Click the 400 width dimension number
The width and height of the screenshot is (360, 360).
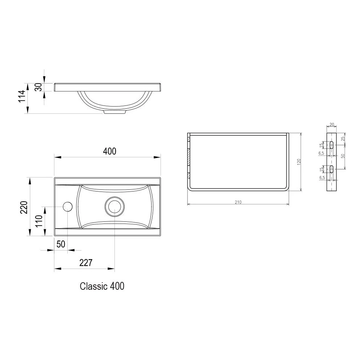pyautogui.click(x=109, y=151)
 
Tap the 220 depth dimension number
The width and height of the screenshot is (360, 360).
pyautogui.click(x=24, y=207)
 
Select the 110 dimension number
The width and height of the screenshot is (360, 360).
pyautogui.click(x=39, y=221)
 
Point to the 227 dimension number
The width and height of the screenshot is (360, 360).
pyautogui.click(x=86, y=263)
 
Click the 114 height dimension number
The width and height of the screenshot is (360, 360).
pyautogui.click(x=22, y=96)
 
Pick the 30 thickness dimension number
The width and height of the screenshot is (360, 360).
pyautogui.click(x=39, y=87)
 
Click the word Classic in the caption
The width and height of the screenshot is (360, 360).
pyautogui.click(x=94, y=286)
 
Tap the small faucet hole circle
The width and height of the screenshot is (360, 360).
pyautogui.click(x=68, y=207)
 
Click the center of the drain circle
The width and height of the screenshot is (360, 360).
pyautogui.click(x=114, y=207)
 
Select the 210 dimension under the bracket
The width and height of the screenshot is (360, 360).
pyautogui.click(x=238, y=202)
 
